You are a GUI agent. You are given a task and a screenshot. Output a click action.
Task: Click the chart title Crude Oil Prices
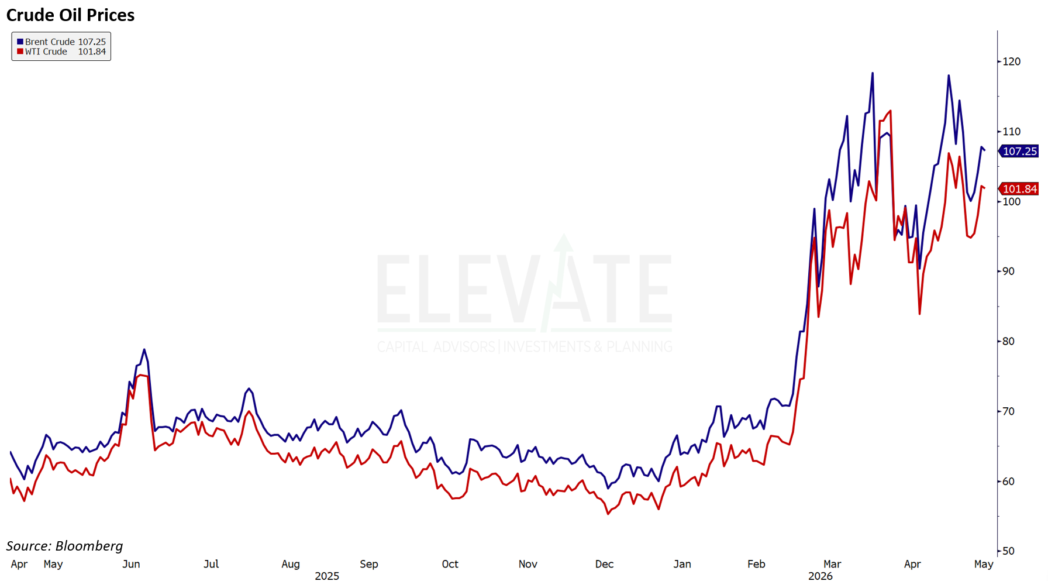click(70, 15)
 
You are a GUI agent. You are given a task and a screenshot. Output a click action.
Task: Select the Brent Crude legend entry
click(61, 42)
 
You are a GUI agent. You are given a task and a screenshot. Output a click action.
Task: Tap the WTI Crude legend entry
click(61, 51)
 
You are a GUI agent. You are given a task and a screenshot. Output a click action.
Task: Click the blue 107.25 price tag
click(1019, 151)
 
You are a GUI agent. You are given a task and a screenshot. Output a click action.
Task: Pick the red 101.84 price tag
click(1019, 189)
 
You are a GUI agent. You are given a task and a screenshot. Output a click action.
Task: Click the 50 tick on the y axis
click(1008, 551)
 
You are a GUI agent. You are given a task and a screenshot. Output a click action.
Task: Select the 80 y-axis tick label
click(1008, 341)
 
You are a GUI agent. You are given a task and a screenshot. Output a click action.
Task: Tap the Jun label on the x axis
click(131, 564)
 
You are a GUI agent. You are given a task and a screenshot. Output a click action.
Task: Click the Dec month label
click(604, 564)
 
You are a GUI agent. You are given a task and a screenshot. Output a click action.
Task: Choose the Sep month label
click(369, 564)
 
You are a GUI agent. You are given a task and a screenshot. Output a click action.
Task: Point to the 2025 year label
click(327, 576)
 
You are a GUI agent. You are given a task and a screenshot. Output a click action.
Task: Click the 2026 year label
click(821, 576)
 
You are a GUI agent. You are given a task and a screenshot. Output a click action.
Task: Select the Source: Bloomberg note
click(64, 546)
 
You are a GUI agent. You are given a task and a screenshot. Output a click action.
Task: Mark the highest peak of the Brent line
click(873, 73)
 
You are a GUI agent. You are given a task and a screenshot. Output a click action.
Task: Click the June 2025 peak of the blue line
click(144, 350)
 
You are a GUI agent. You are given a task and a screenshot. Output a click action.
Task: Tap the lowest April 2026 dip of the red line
click(919, 314)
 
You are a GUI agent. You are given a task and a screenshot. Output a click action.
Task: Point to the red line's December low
click(608, 514)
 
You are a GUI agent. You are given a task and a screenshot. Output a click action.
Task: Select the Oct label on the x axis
click(450, 564)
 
